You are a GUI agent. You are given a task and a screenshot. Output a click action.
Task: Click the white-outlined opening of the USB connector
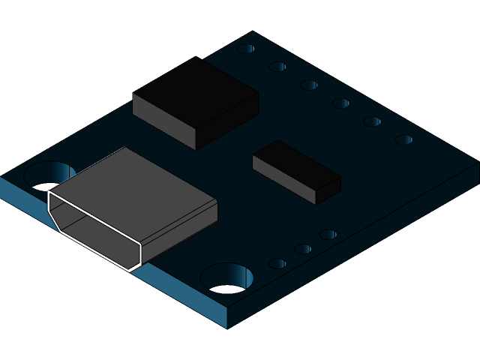tap(94, 229)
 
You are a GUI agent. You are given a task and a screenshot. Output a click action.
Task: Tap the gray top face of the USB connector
tap(135, 184)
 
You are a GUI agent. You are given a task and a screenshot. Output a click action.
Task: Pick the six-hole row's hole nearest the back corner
tap(246, 49)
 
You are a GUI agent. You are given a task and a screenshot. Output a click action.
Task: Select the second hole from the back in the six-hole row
tap(277, 67)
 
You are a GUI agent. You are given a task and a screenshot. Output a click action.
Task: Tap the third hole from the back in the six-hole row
tap(309, 85)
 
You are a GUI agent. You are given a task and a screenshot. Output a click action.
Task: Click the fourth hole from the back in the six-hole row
tap(340, 103)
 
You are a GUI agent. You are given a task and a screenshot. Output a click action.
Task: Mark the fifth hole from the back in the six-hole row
tap(372, 121)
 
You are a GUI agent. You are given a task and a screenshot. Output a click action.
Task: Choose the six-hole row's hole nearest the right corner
tap(403, 139)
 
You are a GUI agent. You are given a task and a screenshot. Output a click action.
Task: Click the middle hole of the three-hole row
tap(302, 249)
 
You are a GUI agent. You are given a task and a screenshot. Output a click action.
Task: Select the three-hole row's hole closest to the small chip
tap(328, 235)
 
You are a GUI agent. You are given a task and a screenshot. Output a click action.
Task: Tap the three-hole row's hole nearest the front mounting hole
tap(277, 264)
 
